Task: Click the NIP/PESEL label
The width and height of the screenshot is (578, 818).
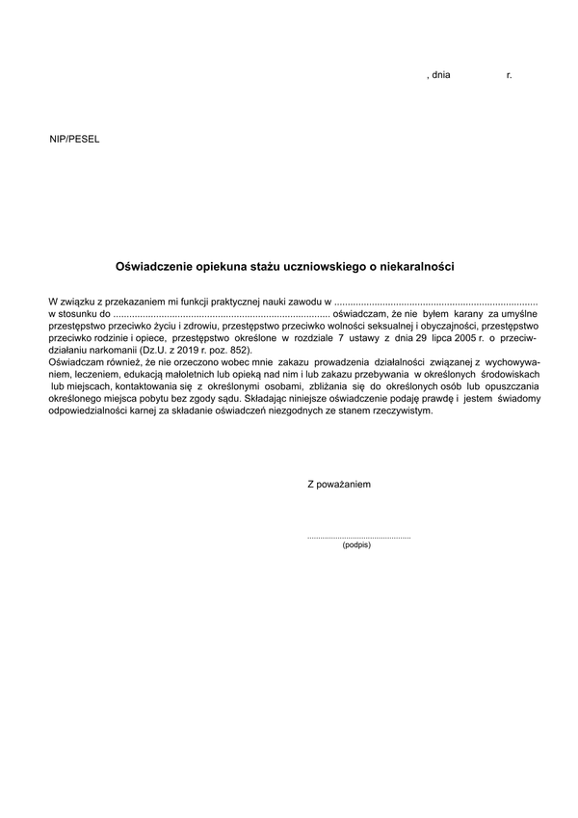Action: (74, 139)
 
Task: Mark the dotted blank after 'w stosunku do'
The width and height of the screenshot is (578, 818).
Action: (220, 315)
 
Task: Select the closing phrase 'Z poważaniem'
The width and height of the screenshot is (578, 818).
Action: (338, 484)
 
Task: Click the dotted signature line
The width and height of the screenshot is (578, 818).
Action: (358, 536)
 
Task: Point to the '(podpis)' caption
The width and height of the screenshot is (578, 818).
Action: (355, 545)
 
